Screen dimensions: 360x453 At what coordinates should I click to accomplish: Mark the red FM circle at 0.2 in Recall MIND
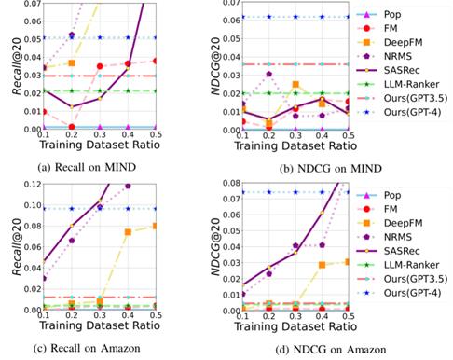(72, 127)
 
